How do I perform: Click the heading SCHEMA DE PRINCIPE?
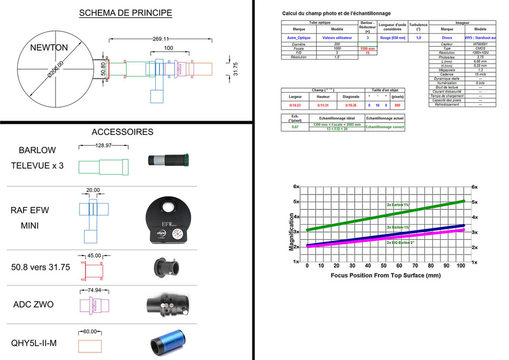pos(125,13)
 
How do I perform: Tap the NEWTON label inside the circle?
pos(48,48)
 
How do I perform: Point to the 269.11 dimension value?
pos(160,39)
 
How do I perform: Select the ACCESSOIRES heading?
pos(122,132)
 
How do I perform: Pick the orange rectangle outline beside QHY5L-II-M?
pos(90,346)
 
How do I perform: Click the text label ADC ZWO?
pos(33,305)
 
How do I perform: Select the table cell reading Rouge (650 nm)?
pos(392,37)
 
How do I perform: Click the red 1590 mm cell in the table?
pos(367,48)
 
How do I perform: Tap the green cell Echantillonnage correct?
pos(385,127)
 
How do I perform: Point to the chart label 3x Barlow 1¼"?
pos(402,205)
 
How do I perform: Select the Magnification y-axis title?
pos(292,232)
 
